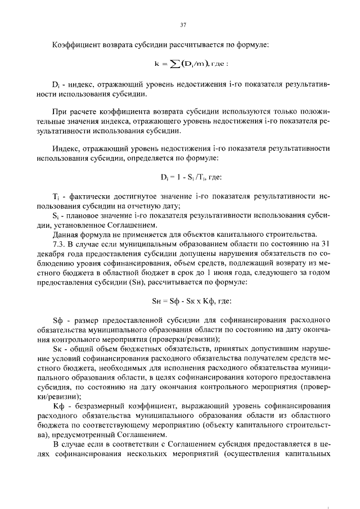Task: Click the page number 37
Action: click(x=182, y=25)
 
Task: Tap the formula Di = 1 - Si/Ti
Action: click(x=182, y=178)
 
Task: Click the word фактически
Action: click(x=89, y=197)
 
